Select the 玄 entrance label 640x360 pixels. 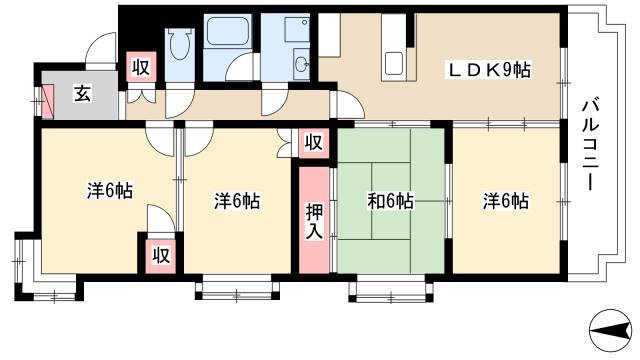[x=83, y=95]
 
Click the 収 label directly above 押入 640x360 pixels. [x=313, y=143]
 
